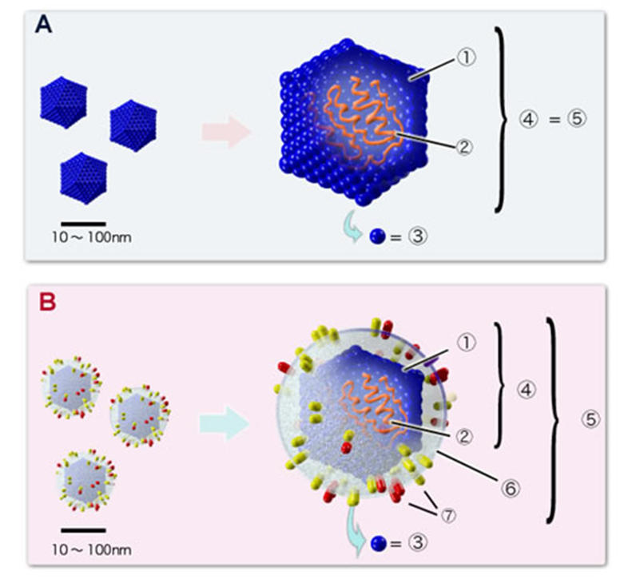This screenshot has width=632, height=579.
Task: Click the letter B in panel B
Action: [49, 303]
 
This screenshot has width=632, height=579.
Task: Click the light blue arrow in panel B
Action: [224, 422]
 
